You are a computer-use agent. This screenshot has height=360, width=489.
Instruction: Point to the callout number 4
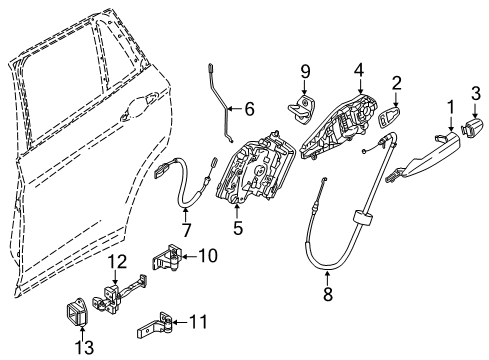[358, 72]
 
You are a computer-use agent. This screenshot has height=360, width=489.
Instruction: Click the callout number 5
[238, 228]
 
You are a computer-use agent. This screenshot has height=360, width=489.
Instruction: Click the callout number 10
[208, 256]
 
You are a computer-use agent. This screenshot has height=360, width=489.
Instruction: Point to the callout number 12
[118, 263]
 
